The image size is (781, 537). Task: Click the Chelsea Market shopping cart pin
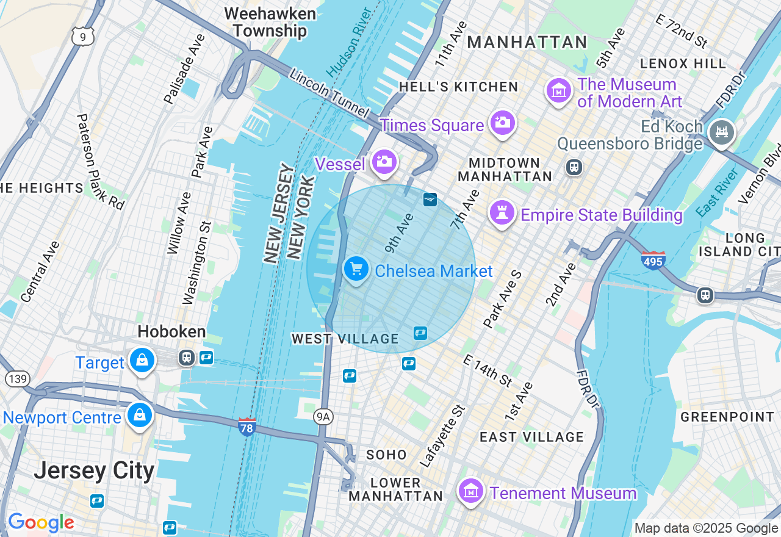pos(356,268)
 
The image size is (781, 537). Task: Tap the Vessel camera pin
pos(384,162)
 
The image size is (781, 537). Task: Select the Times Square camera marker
pos(502,123)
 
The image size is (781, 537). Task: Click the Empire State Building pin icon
pos(502,213)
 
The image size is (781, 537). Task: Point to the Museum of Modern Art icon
pos(558,91)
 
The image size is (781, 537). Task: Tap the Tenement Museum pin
pos(471,491)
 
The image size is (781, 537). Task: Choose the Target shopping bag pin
pos(142,361)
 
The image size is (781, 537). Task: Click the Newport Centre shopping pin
pos(140,416)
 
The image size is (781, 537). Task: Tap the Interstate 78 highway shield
pos(247,427)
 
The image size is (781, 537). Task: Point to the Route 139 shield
pos(18,379)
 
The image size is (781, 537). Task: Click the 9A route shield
pos(323,417)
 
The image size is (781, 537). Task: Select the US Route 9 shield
pos(82,36)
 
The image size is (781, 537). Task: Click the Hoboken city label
pos(171,332)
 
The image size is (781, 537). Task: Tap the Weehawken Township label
pos(270,23)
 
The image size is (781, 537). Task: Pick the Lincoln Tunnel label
pos(329,93)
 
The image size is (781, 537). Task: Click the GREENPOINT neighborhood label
pos(727,417)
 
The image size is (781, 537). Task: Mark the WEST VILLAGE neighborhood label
pos(345,339)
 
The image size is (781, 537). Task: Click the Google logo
pos(41,523)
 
